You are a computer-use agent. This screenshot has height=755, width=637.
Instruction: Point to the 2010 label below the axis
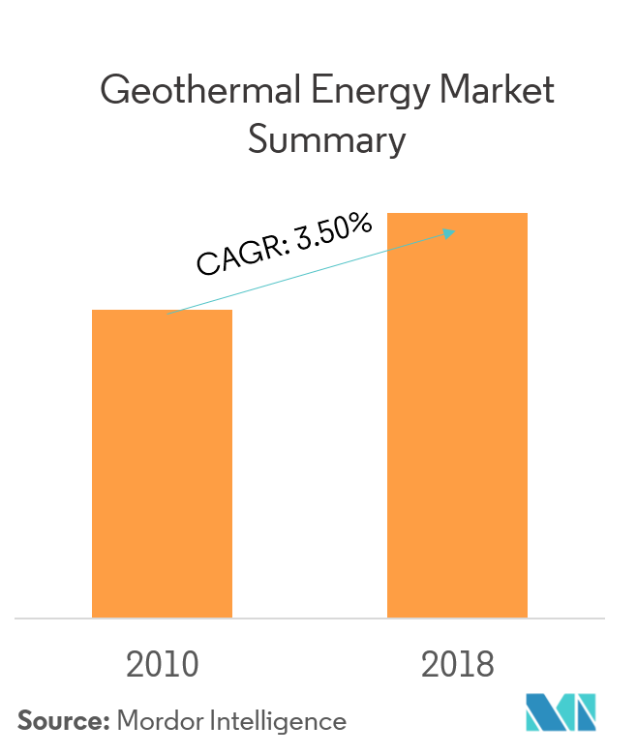162,665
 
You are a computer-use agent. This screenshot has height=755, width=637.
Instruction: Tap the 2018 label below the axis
458,665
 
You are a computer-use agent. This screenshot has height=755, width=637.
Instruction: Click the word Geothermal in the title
200,91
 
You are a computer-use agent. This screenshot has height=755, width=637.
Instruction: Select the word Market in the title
497,91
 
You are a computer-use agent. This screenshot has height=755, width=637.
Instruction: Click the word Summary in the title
326,141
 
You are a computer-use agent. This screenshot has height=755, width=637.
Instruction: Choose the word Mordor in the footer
159,721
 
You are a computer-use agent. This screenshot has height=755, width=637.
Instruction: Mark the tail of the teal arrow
168,313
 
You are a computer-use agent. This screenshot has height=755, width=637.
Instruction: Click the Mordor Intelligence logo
561,712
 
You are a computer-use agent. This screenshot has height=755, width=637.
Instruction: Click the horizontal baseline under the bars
310,618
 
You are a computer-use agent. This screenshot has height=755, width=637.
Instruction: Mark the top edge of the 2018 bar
457,214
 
